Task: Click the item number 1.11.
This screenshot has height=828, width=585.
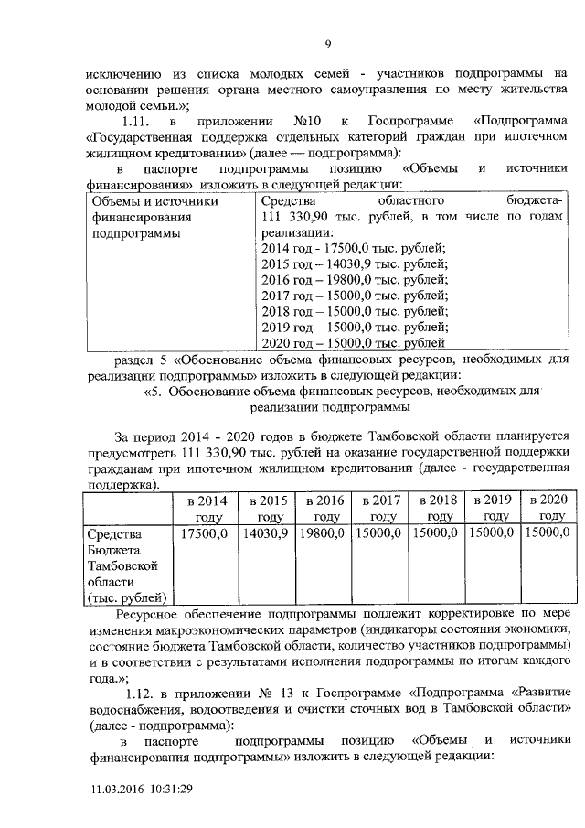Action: tap(138, 122)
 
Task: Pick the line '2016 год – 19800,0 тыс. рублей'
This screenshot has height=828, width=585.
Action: tap(354, 280)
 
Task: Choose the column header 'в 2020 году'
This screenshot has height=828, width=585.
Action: tap(547, 509)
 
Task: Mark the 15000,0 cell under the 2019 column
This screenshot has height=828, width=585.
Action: tap(492, 532)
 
